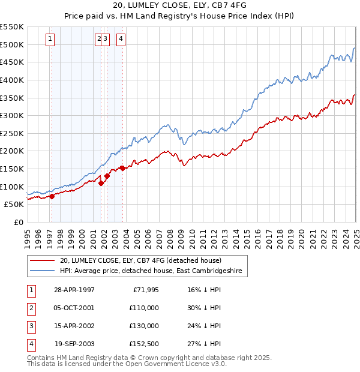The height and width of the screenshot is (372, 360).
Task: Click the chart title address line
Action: [x=180, y=7]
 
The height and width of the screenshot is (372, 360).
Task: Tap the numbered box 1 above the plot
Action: [x=50, y=40]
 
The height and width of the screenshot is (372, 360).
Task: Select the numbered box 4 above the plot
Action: [x=121, y=40]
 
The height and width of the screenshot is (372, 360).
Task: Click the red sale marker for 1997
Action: [x=52, y=196]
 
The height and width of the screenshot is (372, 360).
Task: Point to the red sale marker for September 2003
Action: [x=122, y=168]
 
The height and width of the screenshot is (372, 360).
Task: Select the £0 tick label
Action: [x=19, y=223]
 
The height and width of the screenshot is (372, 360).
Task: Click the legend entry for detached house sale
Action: [x=141, y=260]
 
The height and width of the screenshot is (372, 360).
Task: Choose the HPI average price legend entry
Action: [x=150, y=271]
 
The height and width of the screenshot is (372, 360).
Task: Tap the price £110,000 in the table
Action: [x=144, y=308]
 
